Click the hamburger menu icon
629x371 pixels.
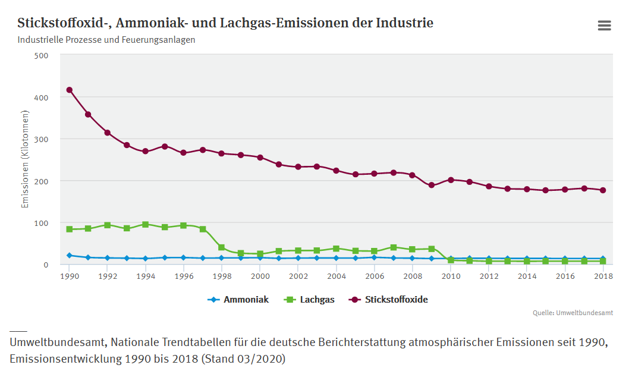coord(604,25)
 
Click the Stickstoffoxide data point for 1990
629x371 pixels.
coord(70,90)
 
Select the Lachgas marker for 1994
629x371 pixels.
coord(146,225)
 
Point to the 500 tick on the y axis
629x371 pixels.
coord(42,55)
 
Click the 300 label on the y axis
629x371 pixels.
coord(42,139)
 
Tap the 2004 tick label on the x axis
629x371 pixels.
coord(336,276)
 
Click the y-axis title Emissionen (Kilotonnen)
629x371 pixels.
coord(26,159)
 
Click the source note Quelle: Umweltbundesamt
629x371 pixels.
coord(582,313)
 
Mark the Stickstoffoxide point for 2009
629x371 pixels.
coord(431,185)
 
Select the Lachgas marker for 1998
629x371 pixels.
coord(222,247)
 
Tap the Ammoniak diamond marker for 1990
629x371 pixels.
coord(70,255)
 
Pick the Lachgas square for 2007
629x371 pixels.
coord(393,247)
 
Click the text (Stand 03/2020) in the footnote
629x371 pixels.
coord(244,359)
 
